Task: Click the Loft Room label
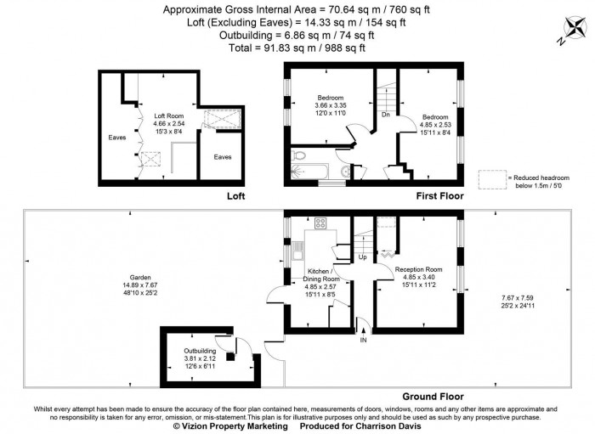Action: pyautogui.click(x=168, y=116)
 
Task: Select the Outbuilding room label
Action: pyautogui.click(x=201, y=350)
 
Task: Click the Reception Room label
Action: pyautogui.click(x=419, y=269)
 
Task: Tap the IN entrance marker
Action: pyautogui.click(x=364, y=341)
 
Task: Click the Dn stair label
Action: pyautogui.click(x=385, y=114)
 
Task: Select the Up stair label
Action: pyautogui.click(x=363, y=256)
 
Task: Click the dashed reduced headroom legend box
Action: pyautogui.click(x=492, y=179)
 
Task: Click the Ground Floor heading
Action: pyautogui.click(x=432, y=396)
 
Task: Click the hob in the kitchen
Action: pyautogui.click(x=321, y=223)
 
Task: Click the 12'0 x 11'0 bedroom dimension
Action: pyautogui.click(x=330, y=113)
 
